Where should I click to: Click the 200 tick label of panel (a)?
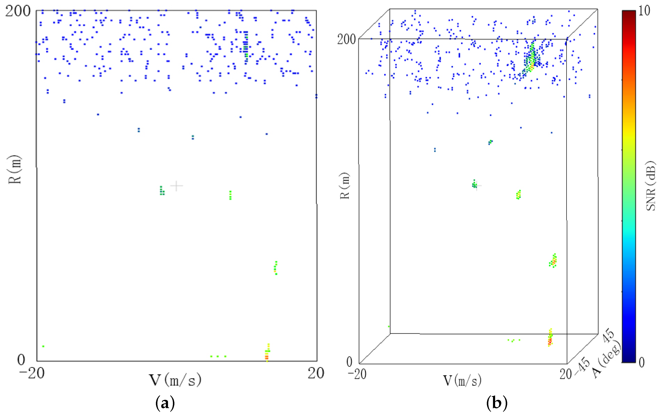tap(18, 11)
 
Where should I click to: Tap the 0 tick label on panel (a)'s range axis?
tap(21, 360)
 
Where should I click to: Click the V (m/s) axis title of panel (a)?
tap(175, 380)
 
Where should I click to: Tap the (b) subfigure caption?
tap(497, 403)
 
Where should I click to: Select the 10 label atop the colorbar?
tap(644, 11)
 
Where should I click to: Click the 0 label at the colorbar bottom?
tap(641, 362)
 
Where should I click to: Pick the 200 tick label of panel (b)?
tap(346, 39)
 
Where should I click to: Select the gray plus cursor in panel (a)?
tap(177, 186)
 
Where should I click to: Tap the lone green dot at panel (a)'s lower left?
tap(43, 346)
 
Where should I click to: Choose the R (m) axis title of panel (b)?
tap(345, 186)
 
